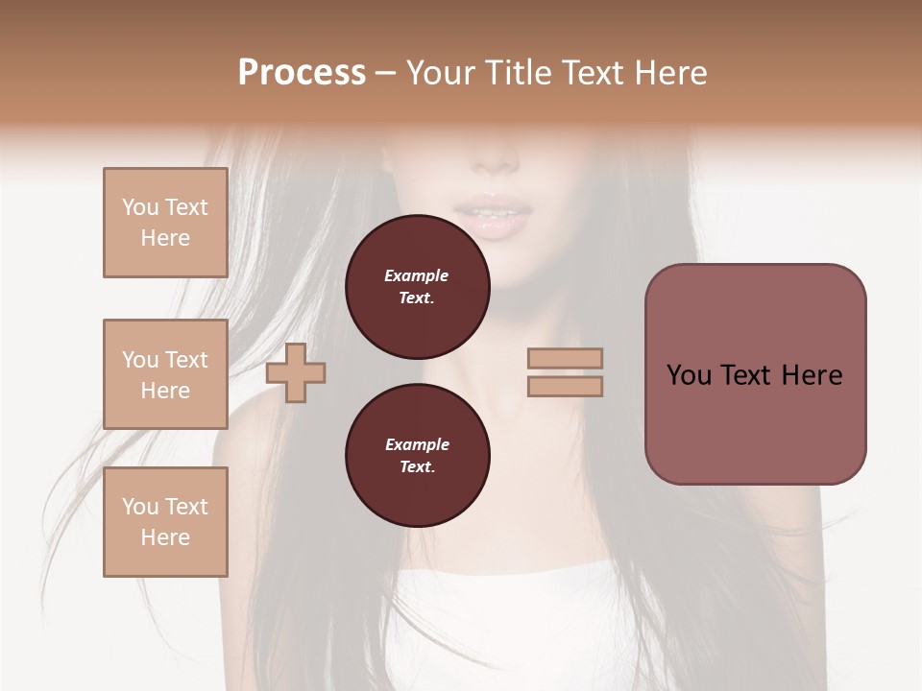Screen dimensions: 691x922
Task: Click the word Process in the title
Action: point(302,73)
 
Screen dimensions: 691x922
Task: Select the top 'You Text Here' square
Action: point(165,223)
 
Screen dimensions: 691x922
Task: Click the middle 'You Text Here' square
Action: point(165,374)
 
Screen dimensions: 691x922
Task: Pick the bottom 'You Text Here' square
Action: point(165,522)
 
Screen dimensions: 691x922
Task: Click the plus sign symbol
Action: point(296,373)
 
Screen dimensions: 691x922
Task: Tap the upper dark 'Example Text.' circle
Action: point(417,286)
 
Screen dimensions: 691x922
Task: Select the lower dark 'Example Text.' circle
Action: point(417,455)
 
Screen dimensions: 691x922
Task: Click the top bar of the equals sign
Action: point(566,359)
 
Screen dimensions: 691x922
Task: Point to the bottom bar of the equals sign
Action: point(566,387)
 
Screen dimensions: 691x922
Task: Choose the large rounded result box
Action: point(755,374)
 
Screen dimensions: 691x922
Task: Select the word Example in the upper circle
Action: point(417,275)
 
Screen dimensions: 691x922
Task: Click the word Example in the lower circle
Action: point(417,444)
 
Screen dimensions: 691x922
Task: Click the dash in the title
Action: point(385,73)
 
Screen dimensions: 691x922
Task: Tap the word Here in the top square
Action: point(165,238)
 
